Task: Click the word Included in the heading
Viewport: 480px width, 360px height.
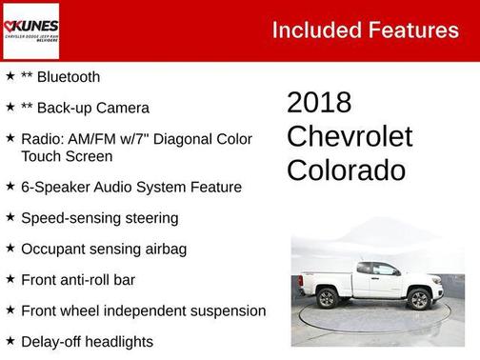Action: coord(313,30)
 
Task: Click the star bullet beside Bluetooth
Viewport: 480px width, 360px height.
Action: coord(10,76)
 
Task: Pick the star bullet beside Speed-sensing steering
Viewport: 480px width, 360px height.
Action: coord(10,218)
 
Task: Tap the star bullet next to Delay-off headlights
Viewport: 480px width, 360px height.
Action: coord(10,341)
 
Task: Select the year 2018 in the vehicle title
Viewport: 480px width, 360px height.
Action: coord(319,103)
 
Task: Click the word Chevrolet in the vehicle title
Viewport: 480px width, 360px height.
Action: coord(350,136)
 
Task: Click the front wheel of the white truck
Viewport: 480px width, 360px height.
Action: coord(418,298)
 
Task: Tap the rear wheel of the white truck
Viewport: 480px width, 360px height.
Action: coord(329,297)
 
